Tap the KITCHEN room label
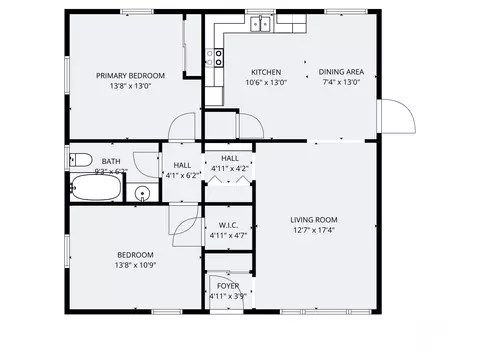click(265, 72)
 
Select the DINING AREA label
click(339, 71)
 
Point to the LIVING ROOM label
click(313, 220)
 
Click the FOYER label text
click(228, 286)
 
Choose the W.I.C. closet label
click(227, 225)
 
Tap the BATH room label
click(110, 161)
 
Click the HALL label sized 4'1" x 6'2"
click(182, 165)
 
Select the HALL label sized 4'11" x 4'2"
click(229, 158)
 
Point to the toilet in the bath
click(80, 159)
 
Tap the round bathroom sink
click(142, 194)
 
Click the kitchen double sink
click(261, 23)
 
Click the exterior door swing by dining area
click(401, 117)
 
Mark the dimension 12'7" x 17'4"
click(313, 230)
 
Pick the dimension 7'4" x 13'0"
click(339, 82)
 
